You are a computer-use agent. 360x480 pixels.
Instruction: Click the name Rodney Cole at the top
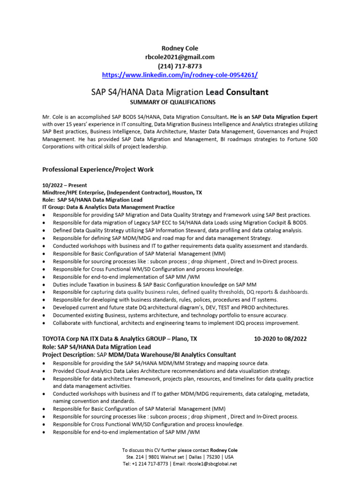point(180,48)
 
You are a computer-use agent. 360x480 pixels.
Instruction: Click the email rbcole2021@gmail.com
point(180,57)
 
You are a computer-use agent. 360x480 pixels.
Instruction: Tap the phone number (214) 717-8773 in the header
point(180,66)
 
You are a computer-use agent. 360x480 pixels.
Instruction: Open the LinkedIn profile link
point(180,75)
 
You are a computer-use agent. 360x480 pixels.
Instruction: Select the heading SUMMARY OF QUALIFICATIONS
point(180,102)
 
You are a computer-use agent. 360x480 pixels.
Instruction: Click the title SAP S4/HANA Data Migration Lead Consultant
point(180,92)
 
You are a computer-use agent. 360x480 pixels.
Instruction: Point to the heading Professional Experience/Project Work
point(98,169)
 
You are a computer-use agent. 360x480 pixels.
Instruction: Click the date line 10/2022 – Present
point(65,185)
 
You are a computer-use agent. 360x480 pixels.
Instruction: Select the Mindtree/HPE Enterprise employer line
point(122,192)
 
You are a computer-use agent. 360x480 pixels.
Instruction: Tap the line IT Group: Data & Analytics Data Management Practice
point(108,207)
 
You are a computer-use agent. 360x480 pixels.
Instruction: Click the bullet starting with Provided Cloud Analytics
point(172,370)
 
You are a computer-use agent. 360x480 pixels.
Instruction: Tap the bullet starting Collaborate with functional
point(176,323)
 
